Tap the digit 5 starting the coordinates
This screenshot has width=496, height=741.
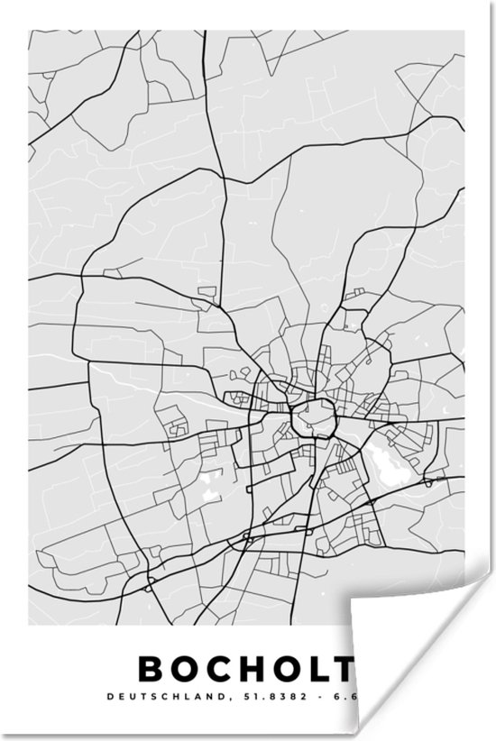[x=237, y=697]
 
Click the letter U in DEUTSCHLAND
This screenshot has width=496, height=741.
[x=130, y=697]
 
